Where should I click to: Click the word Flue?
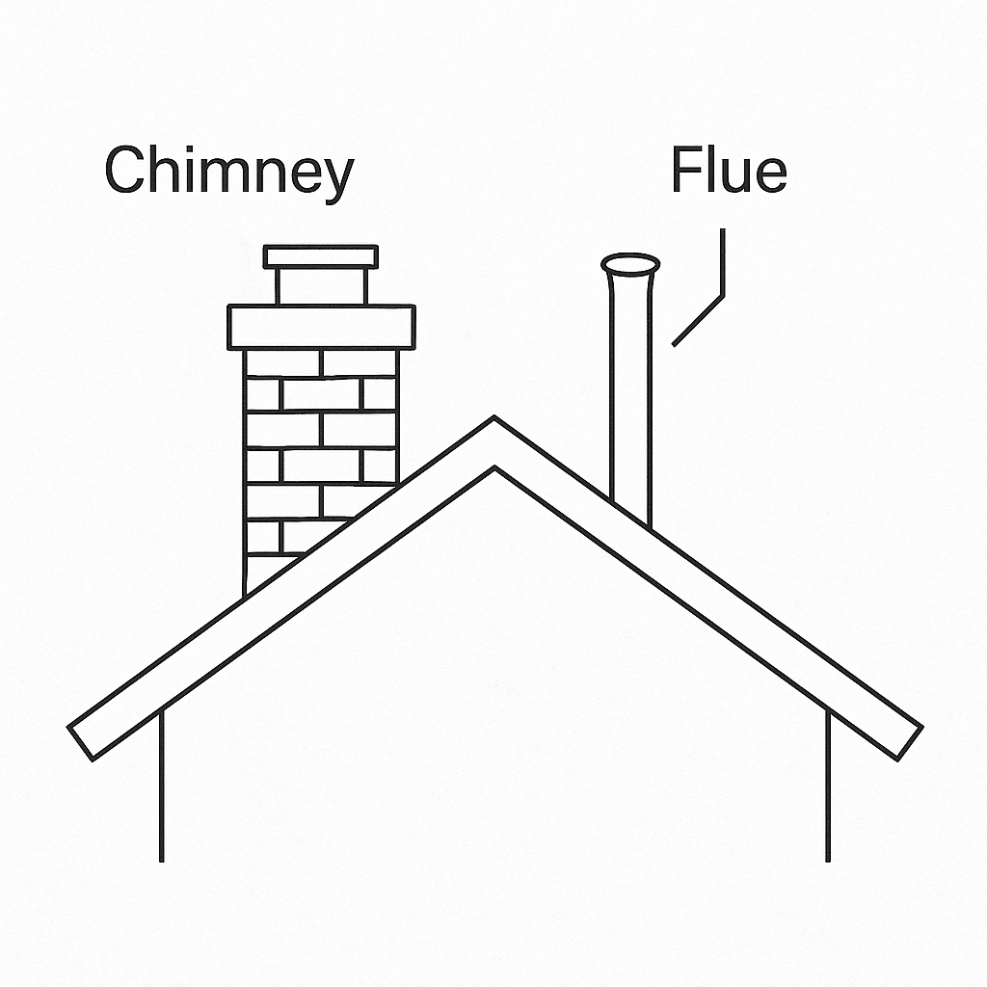pos(729,172)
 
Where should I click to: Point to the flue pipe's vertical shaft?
pos(630,386)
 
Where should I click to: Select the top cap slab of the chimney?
pos(321,256)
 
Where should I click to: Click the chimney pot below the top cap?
pos(321,285)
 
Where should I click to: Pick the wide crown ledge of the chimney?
pos(321,327)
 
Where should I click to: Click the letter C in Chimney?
pos(123,172)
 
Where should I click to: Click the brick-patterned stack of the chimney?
pos(308,434)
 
